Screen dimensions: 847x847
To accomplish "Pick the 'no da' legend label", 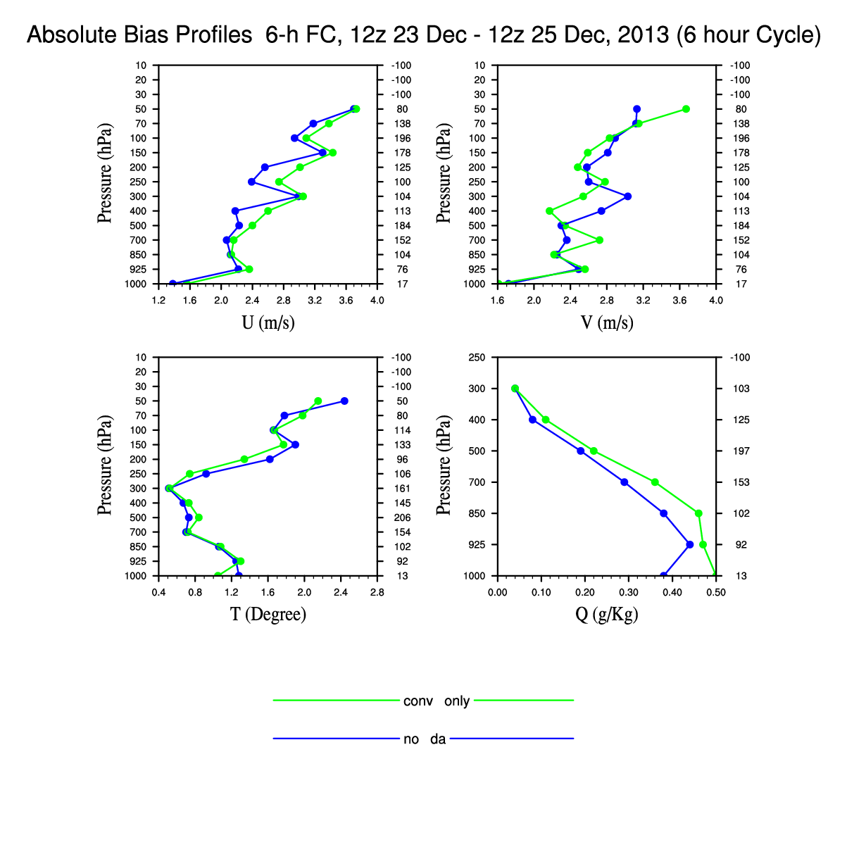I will coord(425,739).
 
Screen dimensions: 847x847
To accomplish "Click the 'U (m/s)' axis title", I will coord(268,323).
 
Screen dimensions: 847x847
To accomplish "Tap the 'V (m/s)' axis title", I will coord(607,323).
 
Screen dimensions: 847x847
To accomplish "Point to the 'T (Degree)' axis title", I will coord(268,615).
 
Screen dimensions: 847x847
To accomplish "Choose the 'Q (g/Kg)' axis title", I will coord(607,615).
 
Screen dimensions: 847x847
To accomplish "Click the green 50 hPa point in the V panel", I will coord(686,109).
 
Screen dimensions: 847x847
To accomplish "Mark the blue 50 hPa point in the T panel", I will coord(344,401).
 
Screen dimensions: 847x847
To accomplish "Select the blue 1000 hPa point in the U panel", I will coord(172,283).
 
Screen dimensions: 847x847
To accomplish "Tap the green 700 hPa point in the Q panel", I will coord(655,482).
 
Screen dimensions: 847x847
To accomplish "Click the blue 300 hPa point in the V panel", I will coord(627,196).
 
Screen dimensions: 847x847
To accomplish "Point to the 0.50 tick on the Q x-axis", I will coord(716,593).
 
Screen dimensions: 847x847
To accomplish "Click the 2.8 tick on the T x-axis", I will coord(377,593).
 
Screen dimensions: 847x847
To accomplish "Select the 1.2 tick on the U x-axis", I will coord(159,301).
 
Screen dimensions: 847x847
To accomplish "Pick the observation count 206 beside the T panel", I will coord(403,518).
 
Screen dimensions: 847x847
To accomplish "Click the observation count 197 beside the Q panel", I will coord(742,451).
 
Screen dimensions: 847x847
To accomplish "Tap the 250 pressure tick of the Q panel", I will coord(477,358).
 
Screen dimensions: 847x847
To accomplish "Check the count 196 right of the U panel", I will coord(403,139).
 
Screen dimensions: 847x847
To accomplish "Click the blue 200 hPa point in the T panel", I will coord(270,459).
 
